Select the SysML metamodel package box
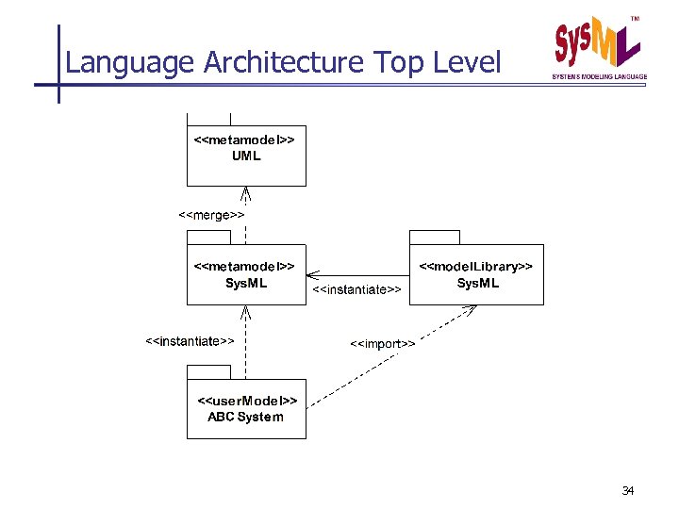245,274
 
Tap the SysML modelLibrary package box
477,274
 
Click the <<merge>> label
212,215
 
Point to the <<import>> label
383,344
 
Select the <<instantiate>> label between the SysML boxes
356,289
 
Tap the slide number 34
628,490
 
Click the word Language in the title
130,62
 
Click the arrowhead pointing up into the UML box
245,194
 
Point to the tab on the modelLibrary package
435,237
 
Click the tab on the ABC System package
208,369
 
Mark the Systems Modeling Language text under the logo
599,76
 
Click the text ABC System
245,417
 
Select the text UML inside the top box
246,156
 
